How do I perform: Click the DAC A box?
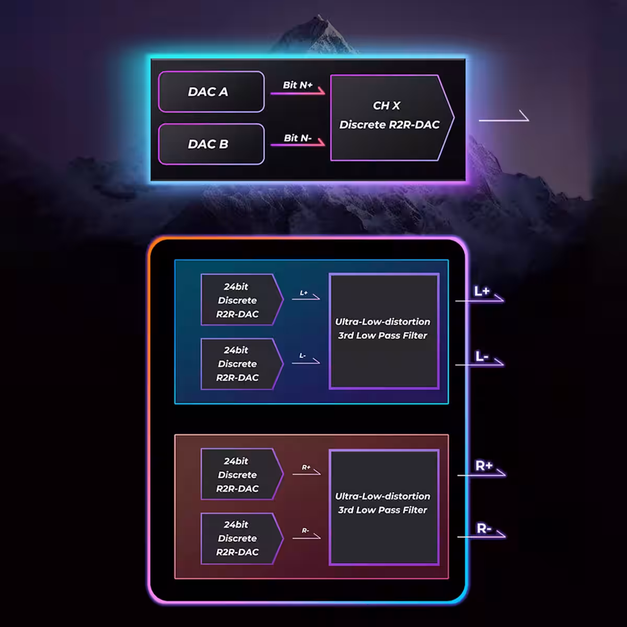(211, 92)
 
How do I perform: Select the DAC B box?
(211, 144)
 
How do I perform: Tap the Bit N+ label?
(298, 85)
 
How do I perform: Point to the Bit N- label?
(298, 138)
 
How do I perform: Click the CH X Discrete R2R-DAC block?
(390, 118)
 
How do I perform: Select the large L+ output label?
(482, 291)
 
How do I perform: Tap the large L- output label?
(482, 357)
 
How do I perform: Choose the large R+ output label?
(484, 466)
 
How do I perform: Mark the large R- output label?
(484, 528)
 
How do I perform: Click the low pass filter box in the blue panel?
(384, 331)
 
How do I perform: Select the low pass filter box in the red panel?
(384, 507)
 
